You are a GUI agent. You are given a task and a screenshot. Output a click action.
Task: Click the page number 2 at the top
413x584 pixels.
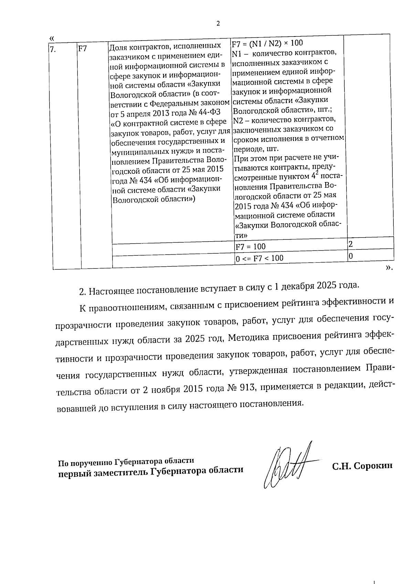(x=218, y=24)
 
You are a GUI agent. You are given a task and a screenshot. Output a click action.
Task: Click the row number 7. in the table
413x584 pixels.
(x=53, y=49)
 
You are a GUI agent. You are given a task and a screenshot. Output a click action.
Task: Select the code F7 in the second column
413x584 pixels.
(x=83, y=49)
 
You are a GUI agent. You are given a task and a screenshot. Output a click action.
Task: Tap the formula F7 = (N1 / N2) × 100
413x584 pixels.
(x=267, y=43)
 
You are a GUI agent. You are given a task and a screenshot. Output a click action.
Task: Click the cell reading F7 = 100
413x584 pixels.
(x=250, y=246)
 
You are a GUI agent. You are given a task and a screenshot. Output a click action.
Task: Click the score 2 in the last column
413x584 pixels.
(x=351, y=244)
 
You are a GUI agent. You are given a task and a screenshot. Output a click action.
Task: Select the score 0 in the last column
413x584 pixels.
(x=351, y=256)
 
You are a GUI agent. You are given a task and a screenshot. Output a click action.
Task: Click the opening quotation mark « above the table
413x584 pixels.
(x=52, y=38)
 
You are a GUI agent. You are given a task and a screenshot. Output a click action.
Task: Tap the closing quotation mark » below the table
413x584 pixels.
(x=389, y=268)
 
